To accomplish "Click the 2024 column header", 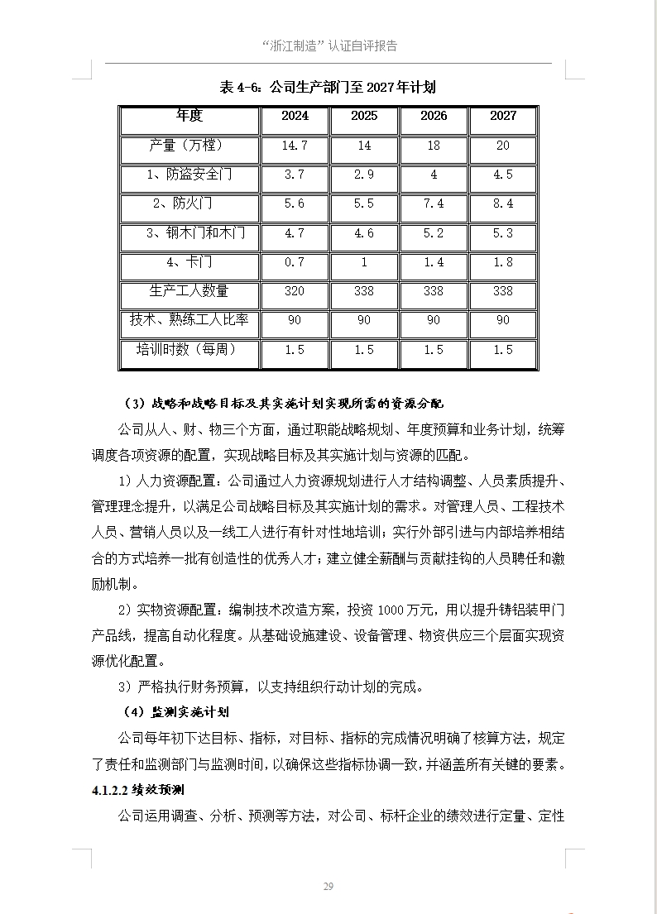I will coord(295,116).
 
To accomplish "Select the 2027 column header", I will coord(502,116).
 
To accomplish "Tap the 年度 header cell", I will coord(189,116).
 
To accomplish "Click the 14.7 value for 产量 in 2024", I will coord(295,146).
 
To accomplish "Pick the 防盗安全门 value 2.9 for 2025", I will coord(363,175).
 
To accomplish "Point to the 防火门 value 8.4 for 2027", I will coord(502,203).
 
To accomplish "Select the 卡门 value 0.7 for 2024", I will coord(295,262).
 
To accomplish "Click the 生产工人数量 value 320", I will coord(295,291).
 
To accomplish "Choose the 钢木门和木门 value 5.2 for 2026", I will coord(433,233).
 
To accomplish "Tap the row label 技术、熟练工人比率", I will coord(189,320).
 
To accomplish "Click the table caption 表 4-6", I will coord(240,88).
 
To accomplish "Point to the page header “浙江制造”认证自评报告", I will coord(328,46).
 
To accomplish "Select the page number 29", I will coord(328,887).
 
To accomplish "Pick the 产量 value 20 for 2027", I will coord(502,146).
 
